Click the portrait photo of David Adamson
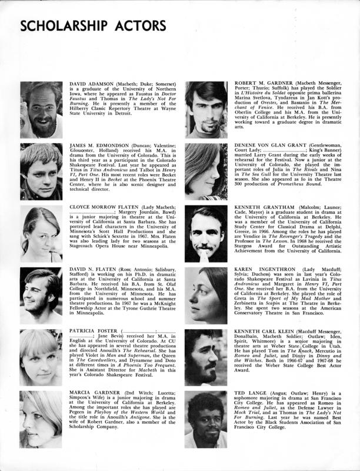point(41,110)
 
